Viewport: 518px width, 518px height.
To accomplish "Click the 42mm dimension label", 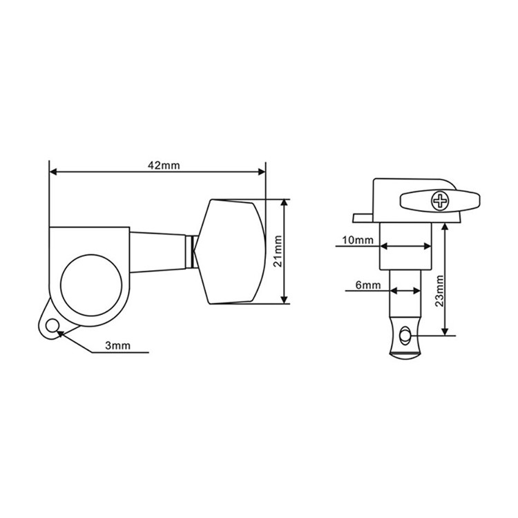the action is click(x=164, y=165).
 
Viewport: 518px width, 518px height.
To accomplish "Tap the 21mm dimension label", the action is click(x=278, y=251).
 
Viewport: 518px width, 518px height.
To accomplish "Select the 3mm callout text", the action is click(x=118, y=345).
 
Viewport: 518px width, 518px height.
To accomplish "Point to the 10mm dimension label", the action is click(x=358, y=240).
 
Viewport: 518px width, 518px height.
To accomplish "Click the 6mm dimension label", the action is click(x=368, y=285).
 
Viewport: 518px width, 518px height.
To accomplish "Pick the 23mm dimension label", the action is click(x=439, y=291).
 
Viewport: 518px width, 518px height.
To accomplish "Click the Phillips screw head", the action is click(x=440, y=201).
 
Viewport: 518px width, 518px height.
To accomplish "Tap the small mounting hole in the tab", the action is click(x=52, y=326).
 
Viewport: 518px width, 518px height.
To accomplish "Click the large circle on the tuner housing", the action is click(x=91, y=285).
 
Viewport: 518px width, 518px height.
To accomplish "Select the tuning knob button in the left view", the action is click(x=231, y=251).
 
